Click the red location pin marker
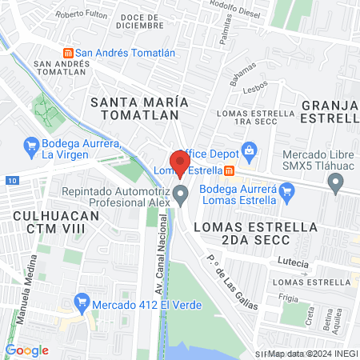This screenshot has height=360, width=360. click(180, 162)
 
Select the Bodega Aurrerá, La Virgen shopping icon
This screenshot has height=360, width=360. click(32, 146)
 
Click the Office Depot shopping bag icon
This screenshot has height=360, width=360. click(249, 150)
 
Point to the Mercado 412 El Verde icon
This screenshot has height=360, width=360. click(80, 302)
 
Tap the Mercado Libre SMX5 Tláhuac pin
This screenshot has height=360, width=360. click(335, 184)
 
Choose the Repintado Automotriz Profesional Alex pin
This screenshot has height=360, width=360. click(182, 193)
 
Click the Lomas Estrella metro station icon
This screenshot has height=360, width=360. click(230, 170)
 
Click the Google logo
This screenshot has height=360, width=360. click(27, 350)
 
